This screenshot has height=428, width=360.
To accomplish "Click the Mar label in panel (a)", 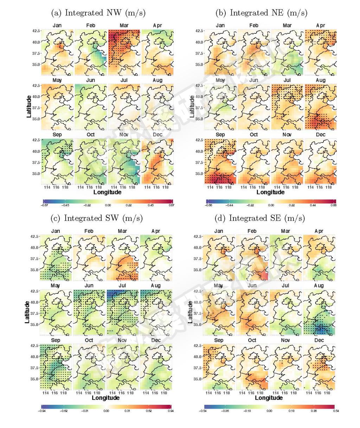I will [x=123, y=26].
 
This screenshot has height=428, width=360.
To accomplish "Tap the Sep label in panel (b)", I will [x=220, y=135].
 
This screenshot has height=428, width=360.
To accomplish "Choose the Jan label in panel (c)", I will [x=56, y=231].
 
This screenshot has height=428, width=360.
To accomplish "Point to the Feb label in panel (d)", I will [x=252, y=231].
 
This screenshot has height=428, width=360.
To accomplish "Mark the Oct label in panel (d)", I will [x=252, y=340].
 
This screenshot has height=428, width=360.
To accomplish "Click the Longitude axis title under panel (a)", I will [x=108, y=192].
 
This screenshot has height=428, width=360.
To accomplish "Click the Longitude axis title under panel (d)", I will [x=269, y=398].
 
